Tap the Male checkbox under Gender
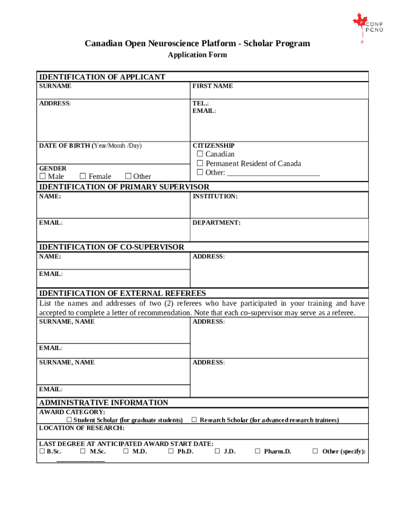(x=43, y=177)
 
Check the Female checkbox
(x=83, y=177)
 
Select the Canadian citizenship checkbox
(x=200, y=154)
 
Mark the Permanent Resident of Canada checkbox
(x=200, y=164)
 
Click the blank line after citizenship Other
(x=273, y=173)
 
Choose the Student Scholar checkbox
(x=69, y=420)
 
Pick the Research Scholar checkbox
(x=194, y=420)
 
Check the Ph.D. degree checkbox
(x=171, y=452)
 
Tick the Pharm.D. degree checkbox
(x=258, y=452)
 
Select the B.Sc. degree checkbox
(x=42, y=452)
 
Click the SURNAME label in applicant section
(x=55, y=86)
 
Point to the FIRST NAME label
(x=212, y=86)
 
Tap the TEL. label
(x=201, y=104)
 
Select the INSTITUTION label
(x=215, y=196)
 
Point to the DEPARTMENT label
(x=216, y=223)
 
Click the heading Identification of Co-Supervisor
(x=111, y=247)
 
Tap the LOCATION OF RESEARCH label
(x=82, y=428)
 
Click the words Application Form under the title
(x=197, y=55)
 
